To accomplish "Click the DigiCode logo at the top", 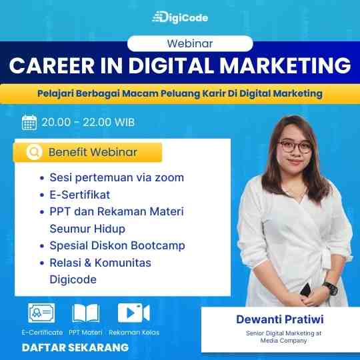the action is pos(180,17).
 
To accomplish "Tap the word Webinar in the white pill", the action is pos(190,43).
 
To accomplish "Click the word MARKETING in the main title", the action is pos(285,65).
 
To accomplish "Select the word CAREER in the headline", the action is pos(52,65).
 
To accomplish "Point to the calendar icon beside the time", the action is pos(29,123).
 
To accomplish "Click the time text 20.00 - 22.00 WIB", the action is pos(88,122).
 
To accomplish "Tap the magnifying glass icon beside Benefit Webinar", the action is pos(35,152).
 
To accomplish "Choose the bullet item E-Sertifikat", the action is pos(80,195).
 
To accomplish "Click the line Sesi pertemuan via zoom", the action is pos(117,177).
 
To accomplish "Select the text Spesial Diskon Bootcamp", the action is pos(117,245).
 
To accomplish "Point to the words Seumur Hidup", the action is pos(87,229).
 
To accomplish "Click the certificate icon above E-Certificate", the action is pos(41,313).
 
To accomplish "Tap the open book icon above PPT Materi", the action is pos(85,313).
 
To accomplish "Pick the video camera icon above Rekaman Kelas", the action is pos(133,313).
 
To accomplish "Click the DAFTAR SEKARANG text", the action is pos(75,347).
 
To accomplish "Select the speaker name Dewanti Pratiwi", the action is pos(280,319).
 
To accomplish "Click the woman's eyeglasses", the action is pos(295,147).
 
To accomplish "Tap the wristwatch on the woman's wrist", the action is pos(331,289).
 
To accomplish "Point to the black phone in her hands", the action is pos(307,290).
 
